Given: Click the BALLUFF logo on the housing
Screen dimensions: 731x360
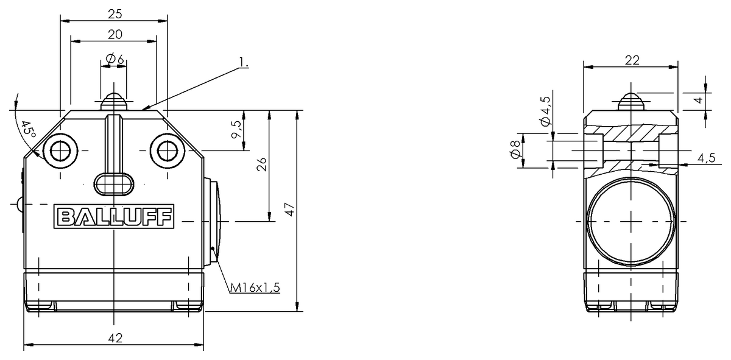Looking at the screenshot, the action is pyautogui.click(x=114, y=216).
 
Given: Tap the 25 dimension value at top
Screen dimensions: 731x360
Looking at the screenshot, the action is pyautogui.click(x=115, y=14).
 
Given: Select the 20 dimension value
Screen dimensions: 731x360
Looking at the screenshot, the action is pyautogui.click(x=115, y=34).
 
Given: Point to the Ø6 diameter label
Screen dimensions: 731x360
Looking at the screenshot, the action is pyautogui.click(x=115, y=59).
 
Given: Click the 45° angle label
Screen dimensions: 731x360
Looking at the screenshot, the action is pyautogui.click(x=28, y=130).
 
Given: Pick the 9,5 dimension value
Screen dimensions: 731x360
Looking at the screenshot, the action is pyautogui.click(x=236, y=130).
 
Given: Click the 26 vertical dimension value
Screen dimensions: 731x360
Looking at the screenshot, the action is pyautogui.click(x=262, y=164).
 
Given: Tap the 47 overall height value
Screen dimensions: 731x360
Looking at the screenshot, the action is pyautogui.click(x=290, y=209).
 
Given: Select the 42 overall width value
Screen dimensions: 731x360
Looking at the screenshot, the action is pyautogui.click(x=115, y=338).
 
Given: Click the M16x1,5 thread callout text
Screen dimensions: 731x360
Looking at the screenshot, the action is pyautogui.click(x=255, y=288).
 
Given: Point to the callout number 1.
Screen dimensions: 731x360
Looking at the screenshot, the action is pyautogui.click(x=244, y=62).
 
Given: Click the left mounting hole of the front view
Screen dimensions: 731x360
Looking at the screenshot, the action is pyautogui.click(x=60, y=151).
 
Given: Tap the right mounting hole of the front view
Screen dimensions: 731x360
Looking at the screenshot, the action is pyautogui.click(x=168, y=151).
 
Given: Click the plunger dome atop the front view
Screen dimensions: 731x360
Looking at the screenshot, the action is pyautogui.click(x=113, y=102).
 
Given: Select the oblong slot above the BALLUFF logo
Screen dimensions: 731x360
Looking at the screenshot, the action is pyautogui.click(x=114, y=185).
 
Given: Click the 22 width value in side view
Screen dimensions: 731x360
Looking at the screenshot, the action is pyautogui.click(x=632, y=60).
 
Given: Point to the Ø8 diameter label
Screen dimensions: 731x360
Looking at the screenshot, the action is pyautogui.click(x=515, y=150).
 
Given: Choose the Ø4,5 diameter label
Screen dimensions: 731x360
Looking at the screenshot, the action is pyautogui.click(x=546, y=111).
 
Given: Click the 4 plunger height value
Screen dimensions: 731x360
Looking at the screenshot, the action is pyautogui.click(x=699, y=99).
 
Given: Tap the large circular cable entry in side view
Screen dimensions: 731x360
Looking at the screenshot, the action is pyautogui.click(x=631, y=222).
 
